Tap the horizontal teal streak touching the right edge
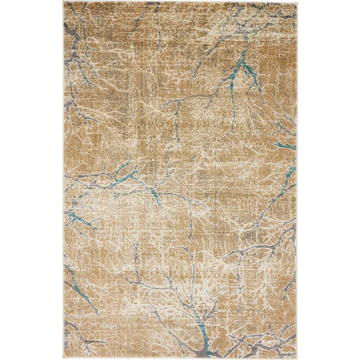[286, 146]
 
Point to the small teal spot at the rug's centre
[157, 196]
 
